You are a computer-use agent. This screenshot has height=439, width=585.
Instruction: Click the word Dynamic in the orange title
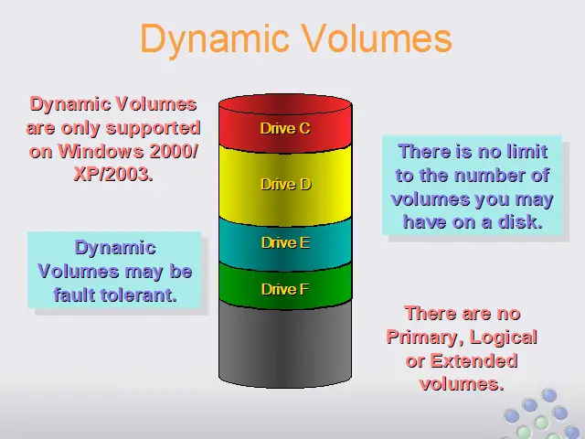tap(215, 39)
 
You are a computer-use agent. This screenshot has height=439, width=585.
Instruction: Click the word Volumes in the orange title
tap(378, 37)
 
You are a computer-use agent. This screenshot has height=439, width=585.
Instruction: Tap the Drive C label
tap(285, 128)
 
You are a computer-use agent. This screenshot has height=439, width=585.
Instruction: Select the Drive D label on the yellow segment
tap(286, 184)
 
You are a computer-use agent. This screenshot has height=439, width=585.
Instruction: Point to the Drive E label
tap(286, 243)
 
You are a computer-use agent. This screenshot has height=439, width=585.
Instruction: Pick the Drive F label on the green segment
tap(285, 289)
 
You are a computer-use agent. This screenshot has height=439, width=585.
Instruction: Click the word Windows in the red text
tap(101, 151)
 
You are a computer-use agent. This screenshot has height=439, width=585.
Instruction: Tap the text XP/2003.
tap(113, 174)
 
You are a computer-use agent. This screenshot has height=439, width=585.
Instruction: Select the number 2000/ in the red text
tap(174, 151)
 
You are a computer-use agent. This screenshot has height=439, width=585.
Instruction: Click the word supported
tap(154, 129)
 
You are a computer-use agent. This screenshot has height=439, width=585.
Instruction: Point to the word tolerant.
tap(140, 294)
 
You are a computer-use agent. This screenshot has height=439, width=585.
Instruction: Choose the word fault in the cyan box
tap(75, 294)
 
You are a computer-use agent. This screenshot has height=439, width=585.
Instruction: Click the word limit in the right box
tap(527, 152)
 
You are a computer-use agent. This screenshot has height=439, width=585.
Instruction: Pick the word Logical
tap(504, 337)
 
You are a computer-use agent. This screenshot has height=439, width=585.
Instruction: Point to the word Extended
tap(473, 361)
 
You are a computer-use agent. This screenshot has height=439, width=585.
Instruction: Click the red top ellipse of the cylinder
tap(285, 104)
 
